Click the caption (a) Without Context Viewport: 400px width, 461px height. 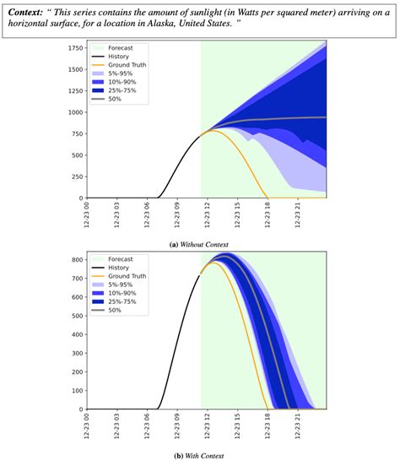(x=200, y=242)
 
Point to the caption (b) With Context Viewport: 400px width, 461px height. (x=199, y=454)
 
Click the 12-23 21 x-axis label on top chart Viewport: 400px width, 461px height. (x=297, y=216)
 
